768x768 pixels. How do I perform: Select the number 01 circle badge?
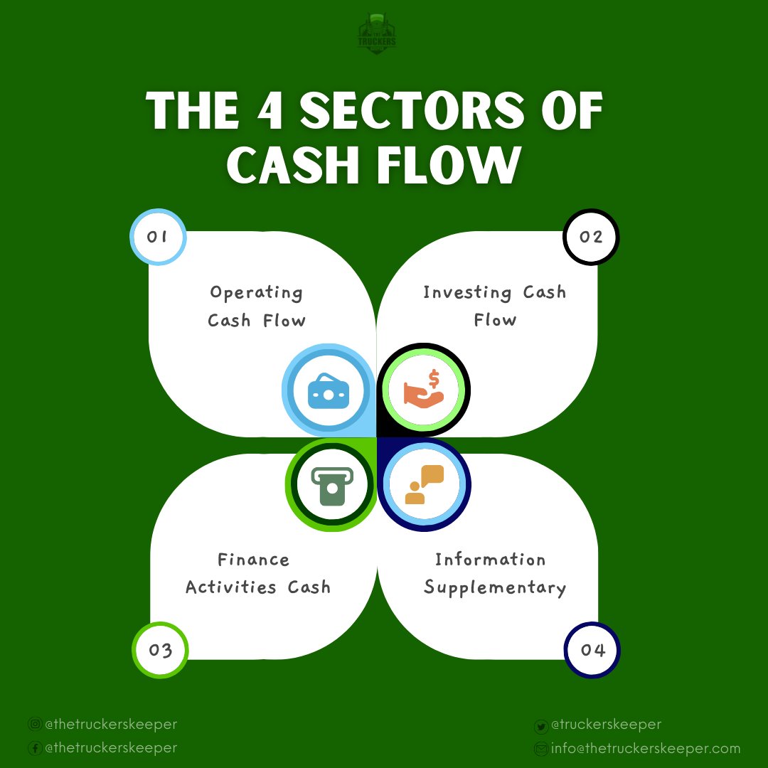(x=157, y=237)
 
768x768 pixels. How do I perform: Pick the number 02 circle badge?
(x=591, y=237)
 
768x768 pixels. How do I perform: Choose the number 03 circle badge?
(x=161, y=650)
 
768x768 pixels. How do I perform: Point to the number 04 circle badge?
(x=592, y=650)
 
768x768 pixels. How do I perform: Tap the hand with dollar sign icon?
(x=424, y=390)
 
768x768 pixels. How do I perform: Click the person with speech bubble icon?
(x=424, y=485)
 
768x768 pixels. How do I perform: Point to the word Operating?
(x=257, y=293)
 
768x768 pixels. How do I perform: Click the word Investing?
(x=467, y=292)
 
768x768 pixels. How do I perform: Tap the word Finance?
(x=254, y=560)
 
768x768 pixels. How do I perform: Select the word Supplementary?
(x=495, y=588)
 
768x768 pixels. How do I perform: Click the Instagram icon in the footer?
(x=34, y=725)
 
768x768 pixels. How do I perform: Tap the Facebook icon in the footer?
(x=34, y=748)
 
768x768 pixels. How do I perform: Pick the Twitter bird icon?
(x=540, y=726)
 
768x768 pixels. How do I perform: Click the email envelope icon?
(x=540, y=749)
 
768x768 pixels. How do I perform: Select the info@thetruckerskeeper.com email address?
(x=646, y=748)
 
